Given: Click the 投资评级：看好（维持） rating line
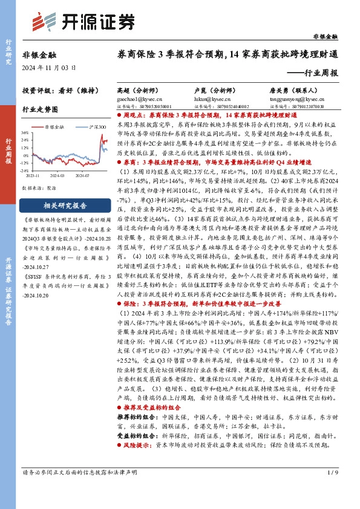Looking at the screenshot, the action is coord(53,91).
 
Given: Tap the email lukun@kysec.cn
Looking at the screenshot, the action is coord(209,97).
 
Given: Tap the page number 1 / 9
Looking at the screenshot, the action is coord(333,488).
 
